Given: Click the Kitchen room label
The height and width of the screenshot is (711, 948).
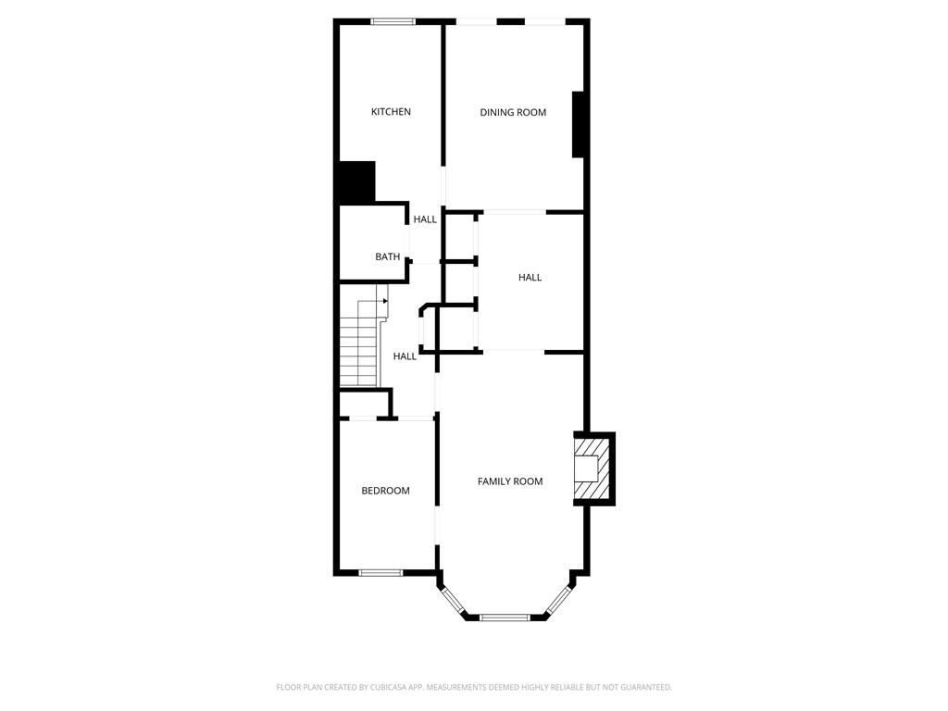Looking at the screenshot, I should tap(391, 112).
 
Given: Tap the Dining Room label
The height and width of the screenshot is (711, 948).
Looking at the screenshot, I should tap(513, 113).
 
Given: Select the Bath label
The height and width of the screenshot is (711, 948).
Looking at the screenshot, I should tap(388, 257).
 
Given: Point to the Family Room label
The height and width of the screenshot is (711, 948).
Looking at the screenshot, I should tap(510, 481).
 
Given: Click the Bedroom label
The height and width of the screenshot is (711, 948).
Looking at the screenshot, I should tap(385, 491).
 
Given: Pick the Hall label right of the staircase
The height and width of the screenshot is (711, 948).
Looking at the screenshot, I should tap(405, 356).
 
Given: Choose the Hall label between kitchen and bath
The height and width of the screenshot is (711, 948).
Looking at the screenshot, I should tap(425, 219).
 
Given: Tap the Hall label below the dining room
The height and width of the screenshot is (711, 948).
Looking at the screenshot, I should tap(530, 278).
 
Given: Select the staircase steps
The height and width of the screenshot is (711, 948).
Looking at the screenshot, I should tap(359, 352).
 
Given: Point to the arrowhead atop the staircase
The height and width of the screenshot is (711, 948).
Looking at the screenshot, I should tap(384, 300).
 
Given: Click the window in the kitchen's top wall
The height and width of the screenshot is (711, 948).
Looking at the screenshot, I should tap(393, 20).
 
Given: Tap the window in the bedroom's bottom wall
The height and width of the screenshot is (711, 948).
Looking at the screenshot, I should tap(380, 572).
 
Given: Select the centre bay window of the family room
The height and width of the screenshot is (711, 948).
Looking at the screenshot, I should tap(505, 617).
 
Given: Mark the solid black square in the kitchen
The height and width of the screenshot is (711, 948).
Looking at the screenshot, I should tap(355, 182).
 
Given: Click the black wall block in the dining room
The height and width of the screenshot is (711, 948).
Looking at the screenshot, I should tap(579, 124).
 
